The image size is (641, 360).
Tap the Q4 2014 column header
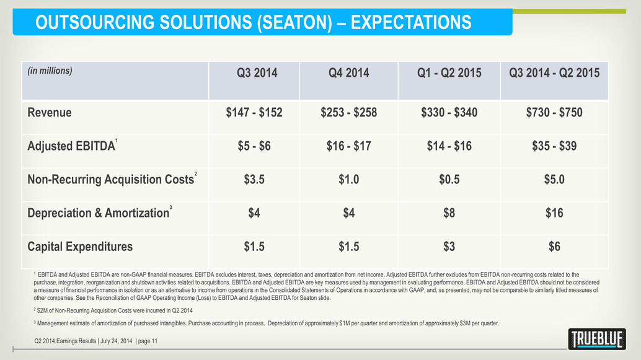click(348, 73)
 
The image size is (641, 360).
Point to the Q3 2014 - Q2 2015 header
click(554, 73)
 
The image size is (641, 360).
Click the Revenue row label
click(50, 113)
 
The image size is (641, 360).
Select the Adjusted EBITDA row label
click(71, 146)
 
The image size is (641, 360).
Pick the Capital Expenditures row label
click(80, 247)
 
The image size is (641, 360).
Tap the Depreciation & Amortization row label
click(97, 213)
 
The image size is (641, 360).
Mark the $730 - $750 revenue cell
click(554, 113)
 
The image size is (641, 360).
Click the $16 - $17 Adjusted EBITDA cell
click(348, 146)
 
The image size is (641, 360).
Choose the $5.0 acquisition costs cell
click(554, 180)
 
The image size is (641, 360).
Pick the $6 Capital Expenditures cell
click(554, 247)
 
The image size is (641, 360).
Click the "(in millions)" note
click(50, 71)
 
